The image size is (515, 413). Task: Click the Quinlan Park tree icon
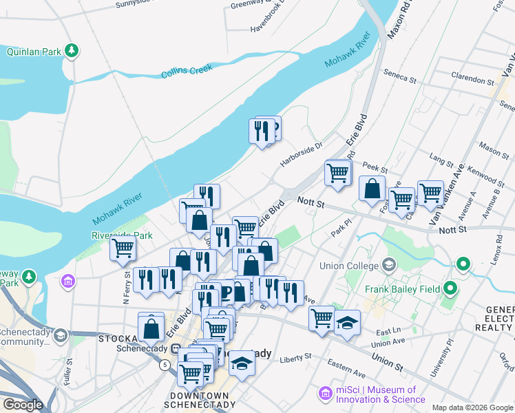71,50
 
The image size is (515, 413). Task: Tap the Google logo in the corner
23,405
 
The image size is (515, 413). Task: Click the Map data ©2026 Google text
472,407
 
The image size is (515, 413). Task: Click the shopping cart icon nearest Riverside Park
124,249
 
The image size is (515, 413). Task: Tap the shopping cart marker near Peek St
338,173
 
